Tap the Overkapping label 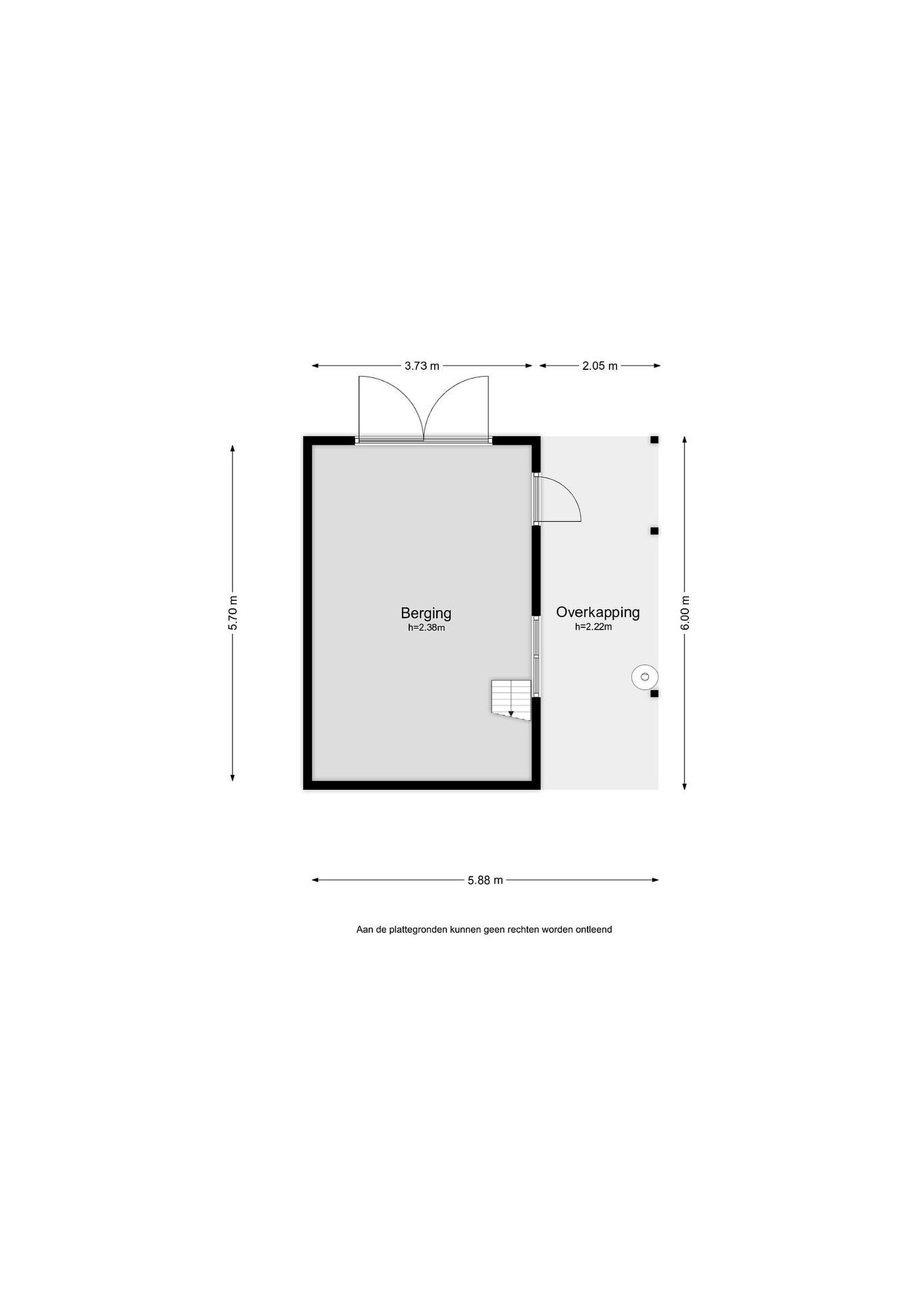tap(597, 612)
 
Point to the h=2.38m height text tap(426, 627)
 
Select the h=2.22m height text tap(593, 626)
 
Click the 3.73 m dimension tap(422, 366)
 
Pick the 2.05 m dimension tap(600, 366)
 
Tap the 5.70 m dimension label tap(233, 613)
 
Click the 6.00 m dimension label tap(685, 613)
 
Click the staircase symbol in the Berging tap(511, 700)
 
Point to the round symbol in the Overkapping tap(644, 676)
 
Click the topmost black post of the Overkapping tap(655, 440)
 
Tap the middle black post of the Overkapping tap(655, 531)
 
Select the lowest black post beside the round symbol tap(655, 694)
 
